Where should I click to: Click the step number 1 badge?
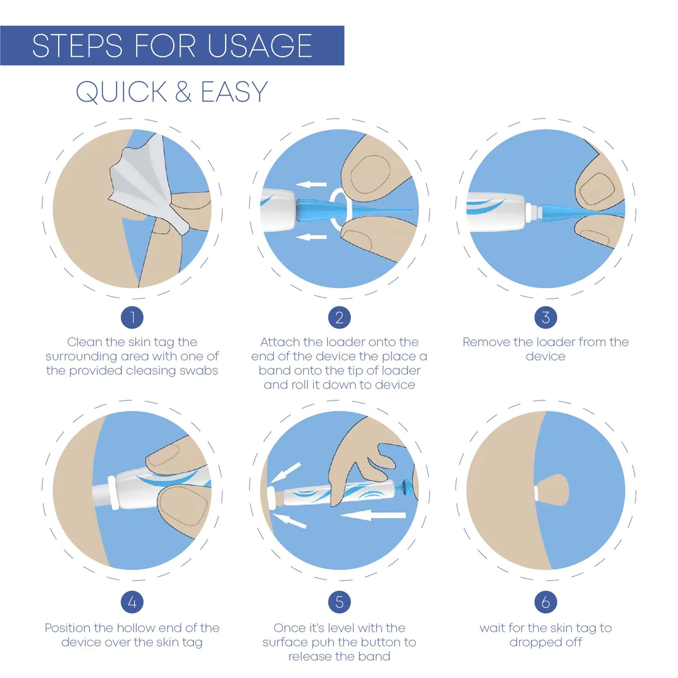coord(132,318)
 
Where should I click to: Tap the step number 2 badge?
coord(340,318)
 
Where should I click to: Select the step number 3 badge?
coord(545,318)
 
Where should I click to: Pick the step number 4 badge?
coord(132,602)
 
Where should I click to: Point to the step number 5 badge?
coord(340,602)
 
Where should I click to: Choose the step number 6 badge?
coord(545,602)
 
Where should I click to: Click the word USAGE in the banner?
coord(259,46)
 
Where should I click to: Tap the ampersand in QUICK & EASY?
coord(183,92)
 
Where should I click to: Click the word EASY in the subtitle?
coord(234,92)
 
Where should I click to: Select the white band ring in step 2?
coord(332,210)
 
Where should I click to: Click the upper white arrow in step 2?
coord(311,184)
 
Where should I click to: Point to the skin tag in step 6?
coord(553,489)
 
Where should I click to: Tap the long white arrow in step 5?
coord(373,515)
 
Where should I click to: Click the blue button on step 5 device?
coord(406,487)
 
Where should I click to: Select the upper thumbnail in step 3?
coord(598,189)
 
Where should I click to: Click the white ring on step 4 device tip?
coord(113,492)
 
